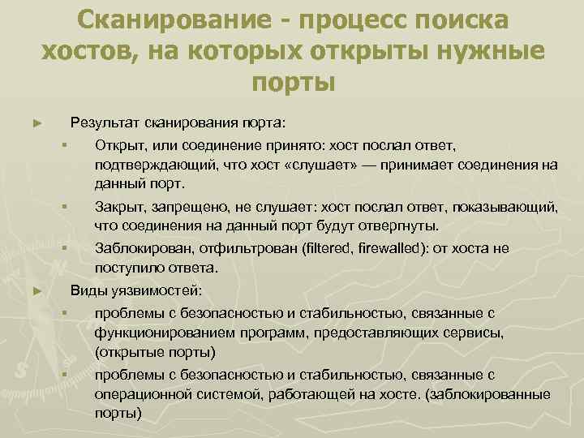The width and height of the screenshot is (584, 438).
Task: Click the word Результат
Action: pos(105,123)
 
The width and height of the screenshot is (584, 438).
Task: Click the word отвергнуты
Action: pos(395,224)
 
